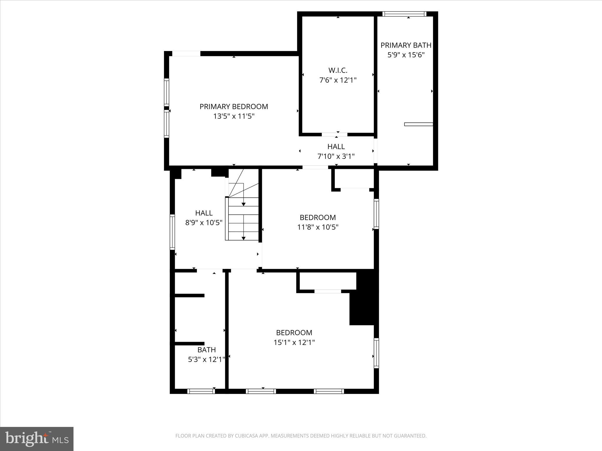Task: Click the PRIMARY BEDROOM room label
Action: point(234,107)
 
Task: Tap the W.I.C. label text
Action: point(338,70)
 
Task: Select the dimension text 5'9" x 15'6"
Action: point(406,55)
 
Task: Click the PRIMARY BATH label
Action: point(406,45)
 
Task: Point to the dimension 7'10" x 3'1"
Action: point(336,156)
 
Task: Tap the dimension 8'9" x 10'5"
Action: point(204,223)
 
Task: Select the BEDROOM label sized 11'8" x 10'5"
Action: point(317,218)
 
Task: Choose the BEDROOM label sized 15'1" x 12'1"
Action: point(294,333)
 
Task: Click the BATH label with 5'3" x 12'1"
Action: point(206,350)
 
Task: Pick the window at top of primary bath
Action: point(404,14)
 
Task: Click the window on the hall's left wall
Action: point(173,232)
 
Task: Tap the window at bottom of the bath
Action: point(201,391)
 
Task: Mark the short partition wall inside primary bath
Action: point(419,124)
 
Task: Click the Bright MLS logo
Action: point(37,439)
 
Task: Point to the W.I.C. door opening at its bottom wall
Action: point(335,134)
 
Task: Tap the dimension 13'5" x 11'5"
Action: point(234,116)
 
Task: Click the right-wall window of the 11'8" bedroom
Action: point(376,214)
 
